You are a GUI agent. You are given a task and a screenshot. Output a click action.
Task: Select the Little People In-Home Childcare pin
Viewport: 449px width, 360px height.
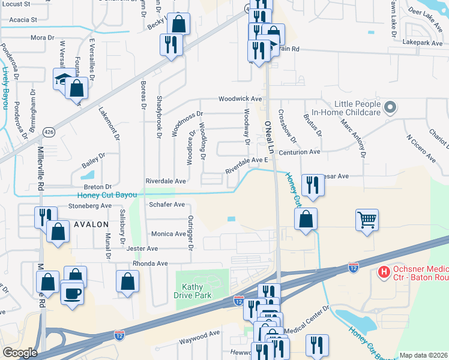[x=391, y=108]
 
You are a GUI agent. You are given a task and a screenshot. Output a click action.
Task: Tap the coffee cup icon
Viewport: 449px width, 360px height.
[x=73, y=293]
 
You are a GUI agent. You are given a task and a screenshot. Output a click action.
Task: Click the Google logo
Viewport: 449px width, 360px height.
[x=20, y=353]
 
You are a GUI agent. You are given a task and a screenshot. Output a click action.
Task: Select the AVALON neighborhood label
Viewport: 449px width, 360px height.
[x=91, y=224]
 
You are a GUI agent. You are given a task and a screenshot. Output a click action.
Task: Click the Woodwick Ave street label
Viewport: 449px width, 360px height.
[x=240, y=98]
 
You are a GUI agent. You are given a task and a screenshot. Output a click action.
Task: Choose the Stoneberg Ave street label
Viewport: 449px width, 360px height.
[x=91, y=205]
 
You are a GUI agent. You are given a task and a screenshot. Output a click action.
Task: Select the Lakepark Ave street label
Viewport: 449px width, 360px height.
[x=420, y=43]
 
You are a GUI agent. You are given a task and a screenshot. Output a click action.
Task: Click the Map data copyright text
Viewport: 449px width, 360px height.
[x=423, y=355]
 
